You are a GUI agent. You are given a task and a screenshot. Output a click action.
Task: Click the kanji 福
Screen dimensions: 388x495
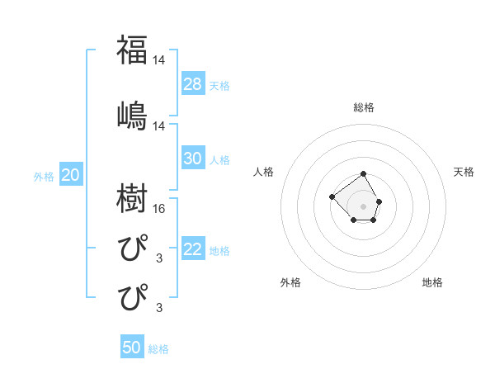point(132,50)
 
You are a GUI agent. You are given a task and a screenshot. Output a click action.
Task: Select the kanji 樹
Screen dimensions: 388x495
point(132,199)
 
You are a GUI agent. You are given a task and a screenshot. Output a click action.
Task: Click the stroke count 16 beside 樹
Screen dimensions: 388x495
point(159,209)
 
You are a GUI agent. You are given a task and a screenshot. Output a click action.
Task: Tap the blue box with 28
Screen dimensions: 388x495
point(192,83)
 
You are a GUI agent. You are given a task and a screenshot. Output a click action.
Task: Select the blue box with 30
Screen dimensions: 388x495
point(192,159)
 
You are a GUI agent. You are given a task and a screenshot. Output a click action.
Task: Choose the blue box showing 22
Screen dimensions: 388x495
point(192,250)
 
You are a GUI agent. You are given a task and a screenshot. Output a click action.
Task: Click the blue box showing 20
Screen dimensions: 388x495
point(71,175)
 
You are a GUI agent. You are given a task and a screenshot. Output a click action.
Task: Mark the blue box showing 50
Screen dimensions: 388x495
point(132,348)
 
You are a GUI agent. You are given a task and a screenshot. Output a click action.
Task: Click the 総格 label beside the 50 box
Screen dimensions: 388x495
point(158,349)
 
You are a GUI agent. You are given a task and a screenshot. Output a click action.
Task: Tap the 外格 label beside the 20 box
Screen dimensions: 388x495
point(44,176)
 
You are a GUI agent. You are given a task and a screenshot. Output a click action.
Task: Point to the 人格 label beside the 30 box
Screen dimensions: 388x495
point(219,159)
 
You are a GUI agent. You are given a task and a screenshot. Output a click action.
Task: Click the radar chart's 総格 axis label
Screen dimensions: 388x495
point(364,107)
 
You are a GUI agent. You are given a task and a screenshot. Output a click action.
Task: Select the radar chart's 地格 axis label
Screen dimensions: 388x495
point(432,282)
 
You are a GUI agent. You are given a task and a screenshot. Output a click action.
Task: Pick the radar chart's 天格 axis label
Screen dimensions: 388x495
point(464,172)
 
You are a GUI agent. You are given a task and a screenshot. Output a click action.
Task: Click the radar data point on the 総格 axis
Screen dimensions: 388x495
point(363,175)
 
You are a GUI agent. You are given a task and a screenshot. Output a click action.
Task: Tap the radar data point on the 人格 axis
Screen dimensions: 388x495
point(332,196)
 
